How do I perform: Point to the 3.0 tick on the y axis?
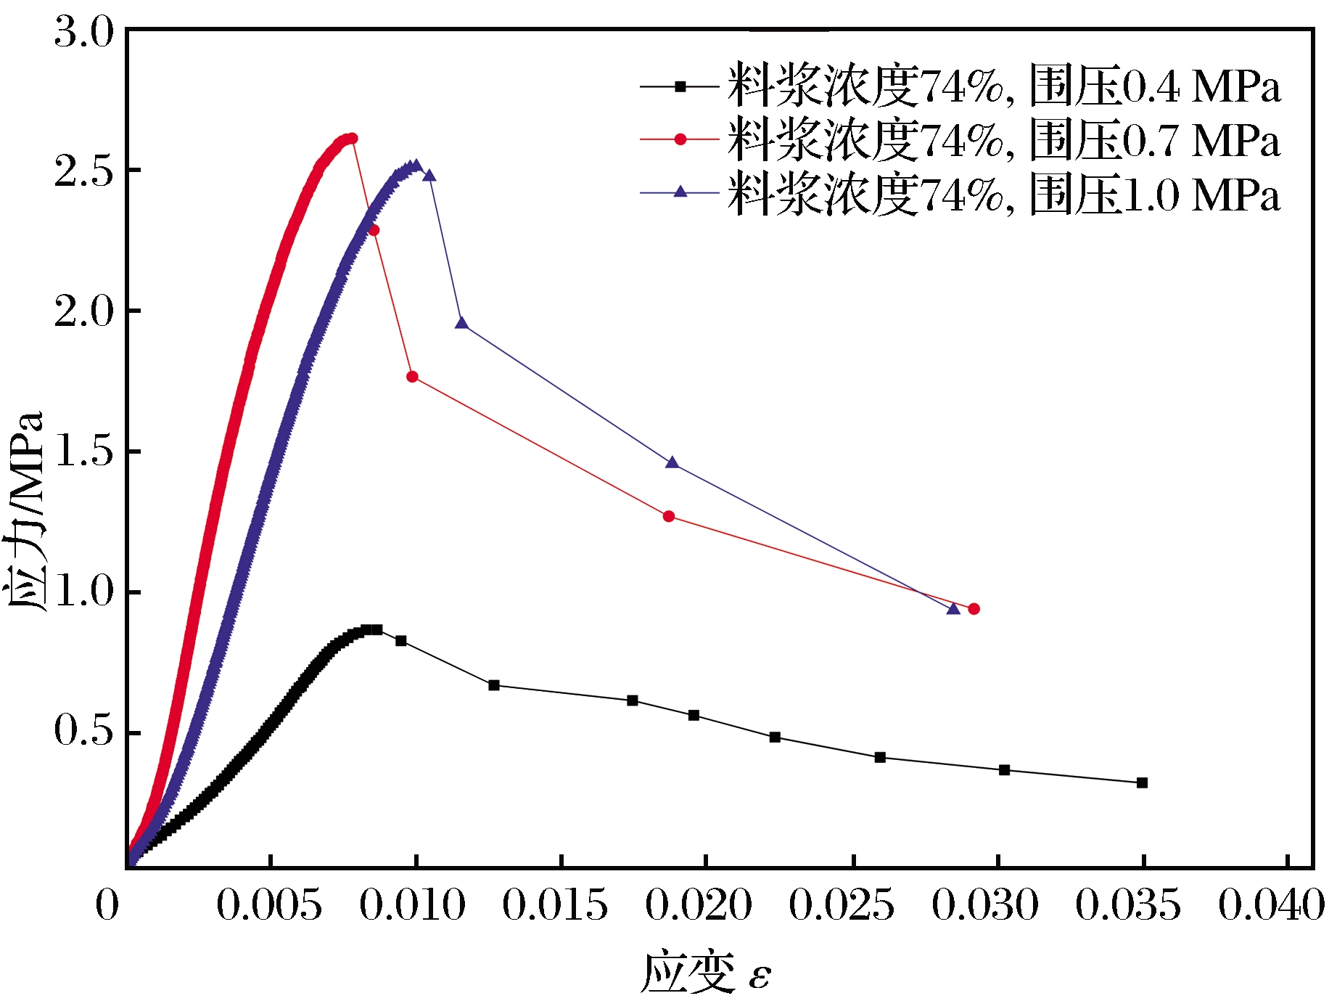click(x=83, y=33)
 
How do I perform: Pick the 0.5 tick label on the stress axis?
click(x=83, y=730)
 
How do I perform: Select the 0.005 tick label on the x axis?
click(x=269, y=905)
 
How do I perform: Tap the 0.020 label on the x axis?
click(x=698, y=905)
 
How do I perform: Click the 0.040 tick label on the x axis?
click(x=1271, y=905)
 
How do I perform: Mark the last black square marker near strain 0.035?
click(x=1142, y=783)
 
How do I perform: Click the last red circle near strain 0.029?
click(x=974, y=608)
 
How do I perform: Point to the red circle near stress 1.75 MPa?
click(x=412, y=377)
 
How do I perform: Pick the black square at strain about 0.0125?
click(x=494, y=685)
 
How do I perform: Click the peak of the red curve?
click(x=352, y=138)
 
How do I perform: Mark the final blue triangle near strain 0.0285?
click(x=953, y=608)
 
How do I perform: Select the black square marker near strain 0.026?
click(x=880, y=757)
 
